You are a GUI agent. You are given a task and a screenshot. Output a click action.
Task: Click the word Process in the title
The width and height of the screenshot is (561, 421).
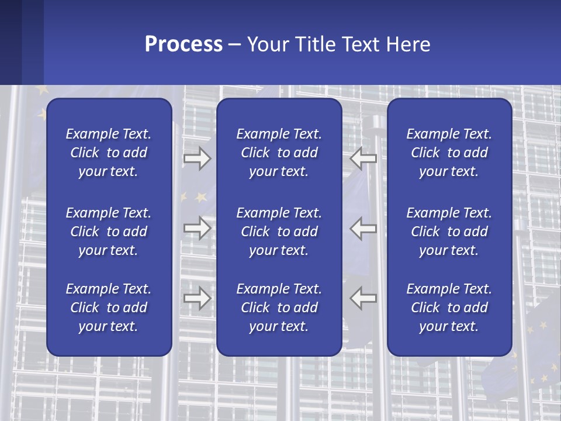click(x=183, y=44)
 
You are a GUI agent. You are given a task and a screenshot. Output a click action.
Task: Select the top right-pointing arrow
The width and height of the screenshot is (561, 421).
click(x=197, y=158)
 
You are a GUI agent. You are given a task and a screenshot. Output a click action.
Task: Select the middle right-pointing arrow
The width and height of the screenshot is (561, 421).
click(x=197, y=228)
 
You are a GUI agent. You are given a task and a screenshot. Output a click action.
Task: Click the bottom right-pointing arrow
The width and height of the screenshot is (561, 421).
click(x=197, y=298)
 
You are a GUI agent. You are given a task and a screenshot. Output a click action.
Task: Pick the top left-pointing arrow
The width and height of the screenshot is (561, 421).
click(x=363, y=158)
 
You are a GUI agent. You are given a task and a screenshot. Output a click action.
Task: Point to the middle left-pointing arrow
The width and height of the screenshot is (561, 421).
click(x=363, y=228)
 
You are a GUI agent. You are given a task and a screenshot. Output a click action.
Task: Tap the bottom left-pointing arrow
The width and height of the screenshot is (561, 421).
click(x=363, y=298)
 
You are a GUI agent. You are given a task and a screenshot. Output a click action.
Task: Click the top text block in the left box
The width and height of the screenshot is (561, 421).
click(x=109, y=153)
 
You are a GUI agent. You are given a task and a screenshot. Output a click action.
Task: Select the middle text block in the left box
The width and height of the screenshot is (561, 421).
click(x=109, y=232)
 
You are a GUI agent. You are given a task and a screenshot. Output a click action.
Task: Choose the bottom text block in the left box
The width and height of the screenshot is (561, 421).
click(x=109, y=308)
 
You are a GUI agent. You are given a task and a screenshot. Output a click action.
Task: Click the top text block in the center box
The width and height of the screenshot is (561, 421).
click(x=279, y=153)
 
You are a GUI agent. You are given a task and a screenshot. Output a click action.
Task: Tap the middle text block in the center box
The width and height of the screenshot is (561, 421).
click(x=279, y=232)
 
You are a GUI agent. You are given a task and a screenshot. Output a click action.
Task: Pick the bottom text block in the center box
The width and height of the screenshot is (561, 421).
click(x=279, y=308)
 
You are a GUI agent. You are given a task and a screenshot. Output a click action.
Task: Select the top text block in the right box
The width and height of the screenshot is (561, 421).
click(x=449, y=153)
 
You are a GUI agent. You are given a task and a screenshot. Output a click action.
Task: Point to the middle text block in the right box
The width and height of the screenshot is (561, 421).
click(x=449, y=232)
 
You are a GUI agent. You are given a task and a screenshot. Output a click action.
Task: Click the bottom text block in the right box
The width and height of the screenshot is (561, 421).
click(x=449, y=308)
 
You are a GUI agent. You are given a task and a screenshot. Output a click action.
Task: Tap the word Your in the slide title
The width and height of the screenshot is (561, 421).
click(x=266, y=44)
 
